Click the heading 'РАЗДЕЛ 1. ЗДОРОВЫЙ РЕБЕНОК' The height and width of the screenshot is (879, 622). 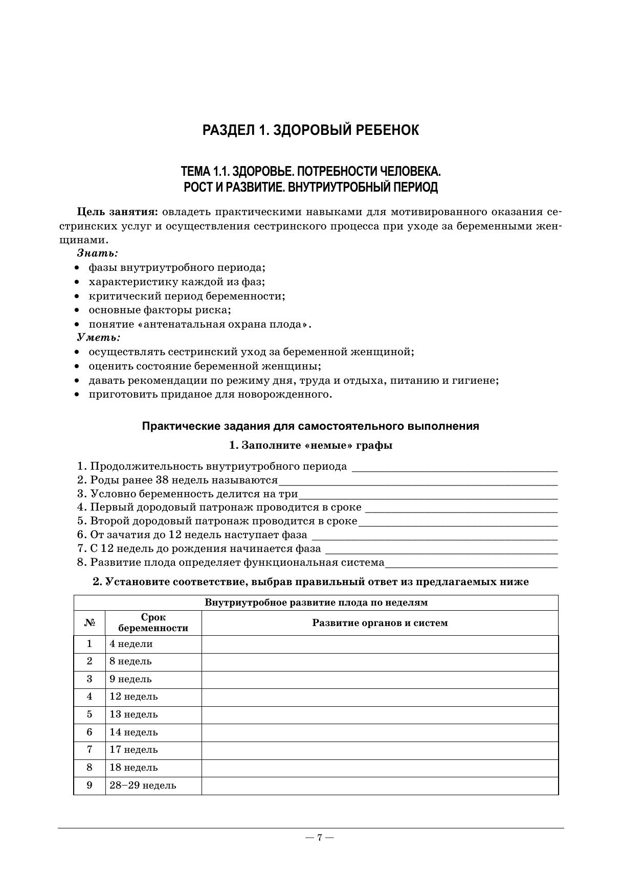coord(310,130)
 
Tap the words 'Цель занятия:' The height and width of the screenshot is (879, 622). coord(117,212)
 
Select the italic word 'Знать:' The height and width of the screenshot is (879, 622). coord(97,253)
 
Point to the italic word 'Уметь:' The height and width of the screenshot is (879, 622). coord(99,338)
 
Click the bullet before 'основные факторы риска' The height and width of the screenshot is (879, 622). coord(77,310)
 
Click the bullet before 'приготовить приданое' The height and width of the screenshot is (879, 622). coord(77,395)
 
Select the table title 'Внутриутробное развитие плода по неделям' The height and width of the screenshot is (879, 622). coord(316,603)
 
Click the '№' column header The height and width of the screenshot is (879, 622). coord(90,623)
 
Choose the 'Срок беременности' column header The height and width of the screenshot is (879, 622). coord(153,623)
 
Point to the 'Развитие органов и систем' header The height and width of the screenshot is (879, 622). coord(380,623)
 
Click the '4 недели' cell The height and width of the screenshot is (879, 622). coord(131,644)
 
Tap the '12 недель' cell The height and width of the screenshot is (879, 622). coord(134,697)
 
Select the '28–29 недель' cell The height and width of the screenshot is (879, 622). coord(143,785)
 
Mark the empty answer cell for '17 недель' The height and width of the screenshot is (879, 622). coord(380,750)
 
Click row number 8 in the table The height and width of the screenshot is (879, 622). coord(90,767)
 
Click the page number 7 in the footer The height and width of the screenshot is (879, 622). coord(319,837)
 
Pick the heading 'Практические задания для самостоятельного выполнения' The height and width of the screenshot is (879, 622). coord(310,426)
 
